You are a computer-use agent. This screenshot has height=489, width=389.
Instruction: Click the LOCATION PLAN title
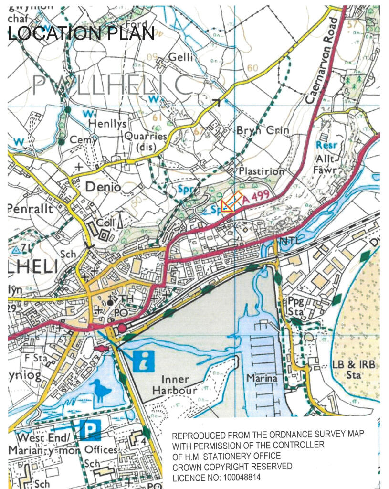coord(81,34)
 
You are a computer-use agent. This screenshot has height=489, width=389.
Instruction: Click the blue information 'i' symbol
coord(144,361)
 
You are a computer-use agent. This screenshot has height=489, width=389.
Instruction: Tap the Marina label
coord(262,378)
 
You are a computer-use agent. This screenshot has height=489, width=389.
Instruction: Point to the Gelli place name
coord(181,58)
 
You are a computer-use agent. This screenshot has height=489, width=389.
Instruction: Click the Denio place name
coord(103,188)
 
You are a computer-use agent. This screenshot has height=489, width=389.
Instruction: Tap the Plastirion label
coord(262,171)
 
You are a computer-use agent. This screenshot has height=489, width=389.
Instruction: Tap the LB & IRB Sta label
coord(353,370)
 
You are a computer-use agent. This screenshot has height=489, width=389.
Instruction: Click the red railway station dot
coord(123,328)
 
